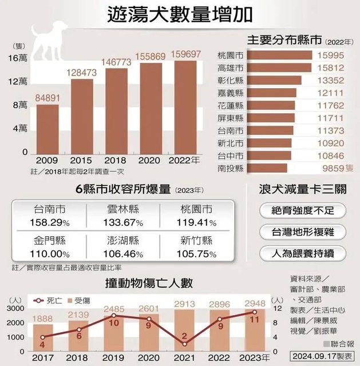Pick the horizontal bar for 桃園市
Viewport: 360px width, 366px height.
pos(280,55)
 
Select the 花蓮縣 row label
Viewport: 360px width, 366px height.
pos(231,106)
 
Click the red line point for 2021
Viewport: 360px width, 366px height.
pos(185,344)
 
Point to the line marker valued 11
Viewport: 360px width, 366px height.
pos(255,312)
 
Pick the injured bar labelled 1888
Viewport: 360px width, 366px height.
pos(42,337)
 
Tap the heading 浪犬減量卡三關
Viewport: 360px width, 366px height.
pos(301,188)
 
